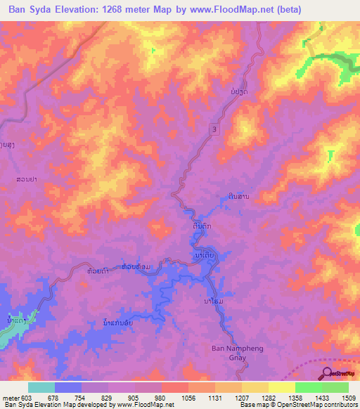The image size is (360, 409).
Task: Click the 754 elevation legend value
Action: click(x=82, y=398)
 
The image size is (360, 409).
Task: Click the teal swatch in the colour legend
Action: click(x=41, y=387)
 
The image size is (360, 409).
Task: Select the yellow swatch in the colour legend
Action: click(x=281, y=387)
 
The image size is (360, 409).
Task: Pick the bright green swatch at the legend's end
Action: click(x=335, y=387)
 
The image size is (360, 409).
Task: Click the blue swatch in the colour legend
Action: click(x=67, y=387)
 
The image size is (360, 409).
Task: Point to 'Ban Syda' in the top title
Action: click(x=27, y=10)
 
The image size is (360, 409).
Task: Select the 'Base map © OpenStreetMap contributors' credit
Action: click(x=297, y=405)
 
